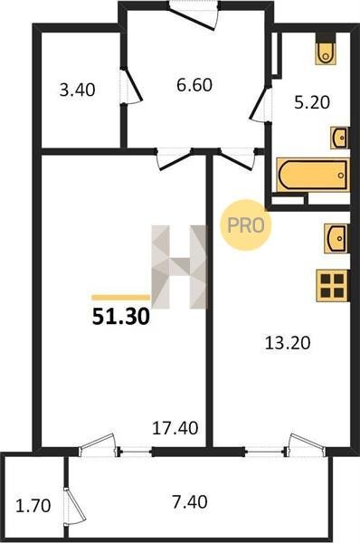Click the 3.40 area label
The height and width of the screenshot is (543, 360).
[77, 90]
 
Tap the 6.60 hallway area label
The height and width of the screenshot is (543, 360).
[194, 85]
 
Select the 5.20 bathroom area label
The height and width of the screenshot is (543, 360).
[312, 102]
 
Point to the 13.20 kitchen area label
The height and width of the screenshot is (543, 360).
[288, 343]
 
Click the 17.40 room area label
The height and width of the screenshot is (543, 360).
[175, 428]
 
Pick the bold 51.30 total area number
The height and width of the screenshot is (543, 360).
[121, 317]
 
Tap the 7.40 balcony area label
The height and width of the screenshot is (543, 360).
[190, 502]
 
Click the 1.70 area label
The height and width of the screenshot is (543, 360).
[33, 506]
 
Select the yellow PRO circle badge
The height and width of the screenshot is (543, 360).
[246, 225]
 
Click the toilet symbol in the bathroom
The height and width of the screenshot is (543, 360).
[326, 50]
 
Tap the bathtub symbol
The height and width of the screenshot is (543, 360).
[313, 175]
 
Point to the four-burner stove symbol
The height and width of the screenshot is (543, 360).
[332, 286]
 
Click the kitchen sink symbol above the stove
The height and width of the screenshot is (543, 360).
[335, 238]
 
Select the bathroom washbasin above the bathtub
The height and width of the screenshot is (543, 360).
[339, 138]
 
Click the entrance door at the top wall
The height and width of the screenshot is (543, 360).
[193, 16]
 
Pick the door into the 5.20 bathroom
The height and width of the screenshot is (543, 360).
[260, 103]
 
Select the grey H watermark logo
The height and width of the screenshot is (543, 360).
[179, 267]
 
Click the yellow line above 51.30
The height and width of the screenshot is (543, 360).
[120, 297]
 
